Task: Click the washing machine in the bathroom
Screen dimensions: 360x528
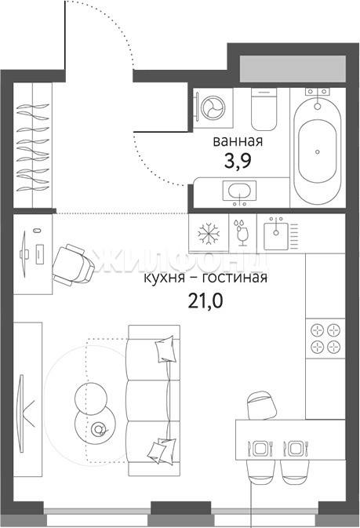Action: click(213, 108)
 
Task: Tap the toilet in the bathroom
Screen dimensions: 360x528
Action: click(264, 109)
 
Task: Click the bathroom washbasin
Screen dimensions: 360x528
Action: click(239, 192)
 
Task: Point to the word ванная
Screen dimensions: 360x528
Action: click(238, 141)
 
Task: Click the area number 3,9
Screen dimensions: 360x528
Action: click(238, 162)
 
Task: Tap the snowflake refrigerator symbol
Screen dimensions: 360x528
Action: click(209, 233)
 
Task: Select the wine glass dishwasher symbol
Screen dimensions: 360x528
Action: click(242, 231)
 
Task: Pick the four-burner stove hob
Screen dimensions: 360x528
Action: click(325, 338)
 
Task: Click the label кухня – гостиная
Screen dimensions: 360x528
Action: click(205, 279)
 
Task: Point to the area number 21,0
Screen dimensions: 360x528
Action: click(205, 301)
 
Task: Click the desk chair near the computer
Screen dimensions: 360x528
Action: click(73, 265)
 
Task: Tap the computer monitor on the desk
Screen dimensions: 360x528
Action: click(24, 254)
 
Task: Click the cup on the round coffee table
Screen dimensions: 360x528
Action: click(99, 429)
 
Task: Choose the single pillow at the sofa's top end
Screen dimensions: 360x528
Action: click(165, 349)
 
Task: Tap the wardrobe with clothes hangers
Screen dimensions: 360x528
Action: click(33, 145)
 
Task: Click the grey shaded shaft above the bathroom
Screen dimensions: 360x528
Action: click(293, 69)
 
